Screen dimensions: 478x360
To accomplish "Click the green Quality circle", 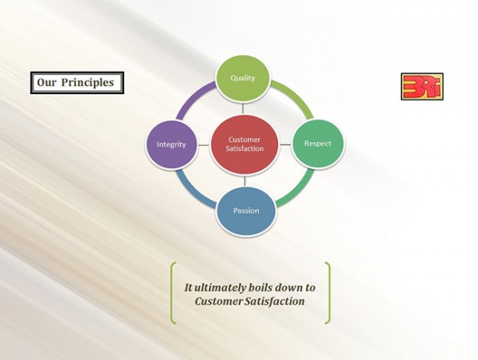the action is pyautogui.click(x=243, y=78).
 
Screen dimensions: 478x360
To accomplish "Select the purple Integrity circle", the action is pyautogui.click(x=171, y=144).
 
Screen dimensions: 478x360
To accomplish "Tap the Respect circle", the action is pyautogui.click(x=318, y=143).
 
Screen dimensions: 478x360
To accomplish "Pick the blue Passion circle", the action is pyautogui.click(x=246, y=211).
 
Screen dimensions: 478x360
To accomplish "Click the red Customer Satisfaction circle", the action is pyautogui.click(x=245, y=145).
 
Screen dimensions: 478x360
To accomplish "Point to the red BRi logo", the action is pyautogui.click(x=422, y=87).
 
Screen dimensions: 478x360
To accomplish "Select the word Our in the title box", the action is pyautogui.click(x=47, y=82).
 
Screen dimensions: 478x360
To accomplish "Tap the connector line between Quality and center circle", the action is pyautogui.click(x=243, y=108).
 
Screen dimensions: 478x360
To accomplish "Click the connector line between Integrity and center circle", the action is pyautogui.click(x=204, y=145).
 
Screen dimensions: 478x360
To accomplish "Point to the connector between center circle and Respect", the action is pyautogui.click(x=286, y=144).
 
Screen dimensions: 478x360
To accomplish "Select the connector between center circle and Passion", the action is pyautogui.click(x=245, y=181).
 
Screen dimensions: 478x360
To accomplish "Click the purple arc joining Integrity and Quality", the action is pyautogui.click(x=193, y=97).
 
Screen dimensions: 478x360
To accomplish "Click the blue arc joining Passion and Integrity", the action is pyautogui.click(x=192, y=191).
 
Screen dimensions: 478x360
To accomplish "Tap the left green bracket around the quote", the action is pyautogui.click(x=173, y=292).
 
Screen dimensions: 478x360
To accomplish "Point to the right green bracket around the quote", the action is pyautogui.click(x=328, y=292).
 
